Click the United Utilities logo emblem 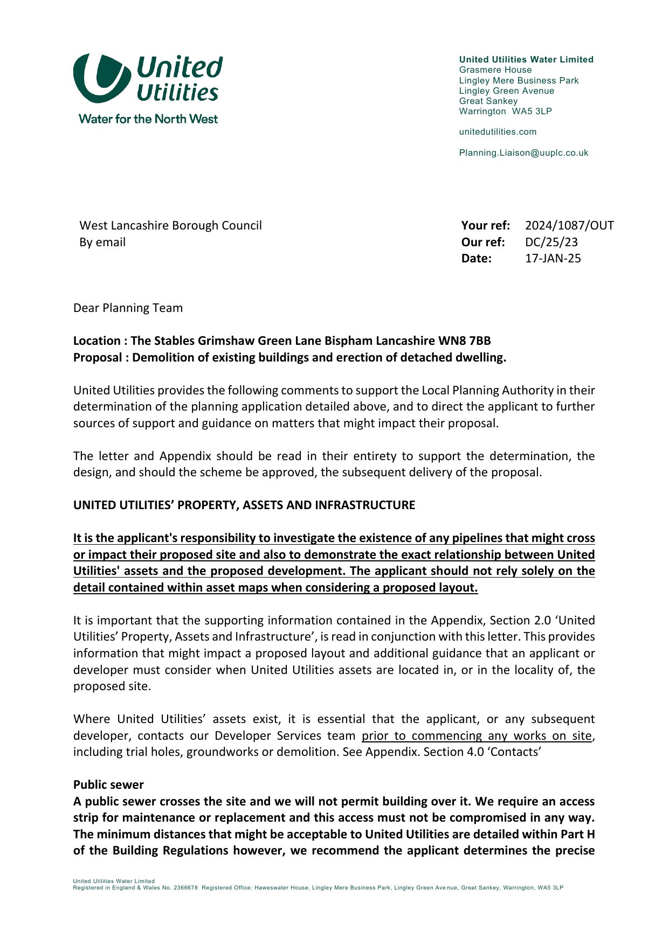pos(101,78)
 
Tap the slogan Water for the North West pos(148,119)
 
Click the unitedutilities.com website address pos(498,132)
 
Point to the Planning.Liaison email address pos(523,153)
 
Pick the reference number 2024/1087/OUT pos(569,226)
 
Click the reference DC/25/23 pos(551,242)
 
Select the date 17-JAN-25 pos(553,259)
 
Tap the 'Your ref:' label pos(485,226)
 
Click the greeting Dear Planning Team pos(128,308)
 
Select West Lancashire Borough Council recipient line pos(170,226)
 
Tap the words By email pos(102,242)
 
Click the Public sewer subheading pos(108,785)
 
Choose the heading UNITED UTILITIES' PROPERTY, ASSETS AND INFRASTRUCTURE pos(244,505)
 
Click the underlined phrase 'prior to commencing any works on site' pos(477,736)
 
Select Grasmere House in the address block pos(495,70)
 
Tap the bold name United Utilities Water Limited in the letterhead pos(526,60)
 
